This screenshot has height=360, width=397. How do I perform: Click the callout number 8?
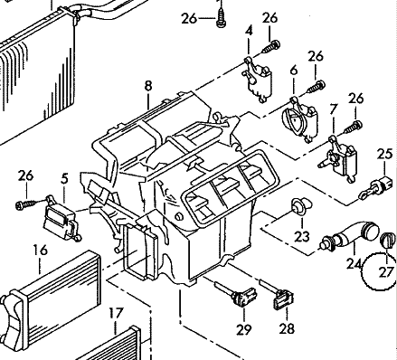(148, 86)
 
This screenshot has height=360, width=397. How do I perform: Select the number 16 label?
(41, 250)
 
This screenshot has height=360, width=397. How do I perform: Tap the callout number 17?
(116, 313)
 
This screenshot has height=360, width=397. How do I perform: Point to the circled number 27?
(386, 272)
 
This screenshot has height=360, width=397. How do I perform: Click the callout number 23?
(302, 236)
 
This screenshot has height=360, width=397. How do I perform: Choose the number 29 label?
(243, 329)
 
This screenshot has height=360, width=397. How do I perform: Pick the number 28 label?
(287, 328)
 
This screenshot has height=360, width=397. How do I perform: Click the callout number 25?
(384, 154)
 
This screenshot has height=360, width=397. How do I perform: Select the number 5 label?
(64, 179)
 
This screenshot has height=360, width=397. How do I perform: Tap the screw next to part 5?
(26, 204)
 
